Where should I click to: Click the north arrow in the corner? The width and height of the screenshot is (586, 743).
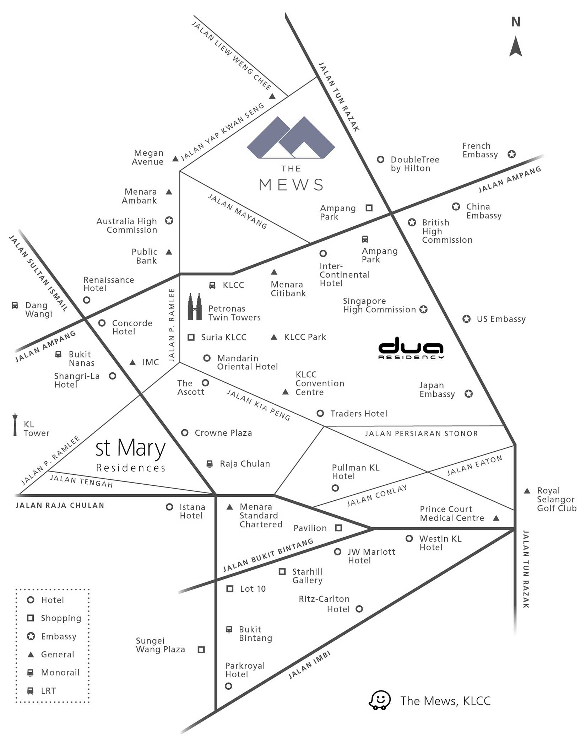click(516, 46)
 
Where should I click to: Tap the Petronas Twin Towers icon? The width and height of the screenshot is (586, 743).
click(195, 307)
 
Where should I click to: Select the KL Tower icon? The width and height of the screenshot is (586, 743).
click(15, 424)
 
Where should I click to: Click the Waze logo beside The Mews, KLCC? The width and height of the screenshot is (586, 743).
click(380, 700)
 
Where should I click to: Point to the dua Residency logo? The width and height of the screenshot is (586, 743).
click(411, 348)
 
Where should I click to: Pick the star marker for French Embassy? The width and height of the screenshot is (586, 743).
click(511, 154)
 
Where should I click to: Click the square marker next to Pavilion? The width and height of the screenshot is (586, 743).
click(338, 528)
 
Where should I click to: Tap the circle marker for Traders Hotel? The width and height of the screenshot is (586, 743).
click(320, 413)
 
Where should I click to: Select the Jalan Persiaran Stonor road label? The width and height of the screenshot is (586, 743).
click(422, 434)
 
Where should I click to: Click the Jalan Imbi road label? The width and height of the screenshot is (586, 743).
click(309, 665)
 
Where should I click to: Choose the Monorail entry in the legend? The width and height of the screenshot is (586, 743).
click(54, 672)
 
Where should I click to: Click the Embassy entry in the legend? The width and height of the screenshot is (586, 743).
click(52, 636)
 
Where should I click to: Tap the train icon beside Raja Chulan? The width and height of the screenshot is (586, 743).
click(210, 464)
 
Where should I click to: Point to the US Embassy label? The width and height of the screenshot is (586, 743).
click(501, 319)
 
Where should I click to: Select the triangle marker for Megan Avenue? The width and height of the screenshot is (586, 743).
click(175, 159)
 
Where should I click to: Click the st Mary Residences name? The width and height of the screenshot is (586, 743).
click(131, 455)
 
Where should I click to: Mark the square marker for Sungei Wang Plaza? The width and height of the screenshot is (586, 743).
click(201, 650)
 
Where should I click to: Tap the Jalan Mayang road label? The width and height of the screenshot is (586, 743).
click(238, 211)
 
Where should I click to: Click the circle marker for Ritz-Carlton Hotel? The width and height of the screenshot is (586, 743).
click(359, 609)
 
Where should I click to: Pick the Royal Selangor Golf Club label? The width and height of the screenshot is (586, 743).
click(557, 499)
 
